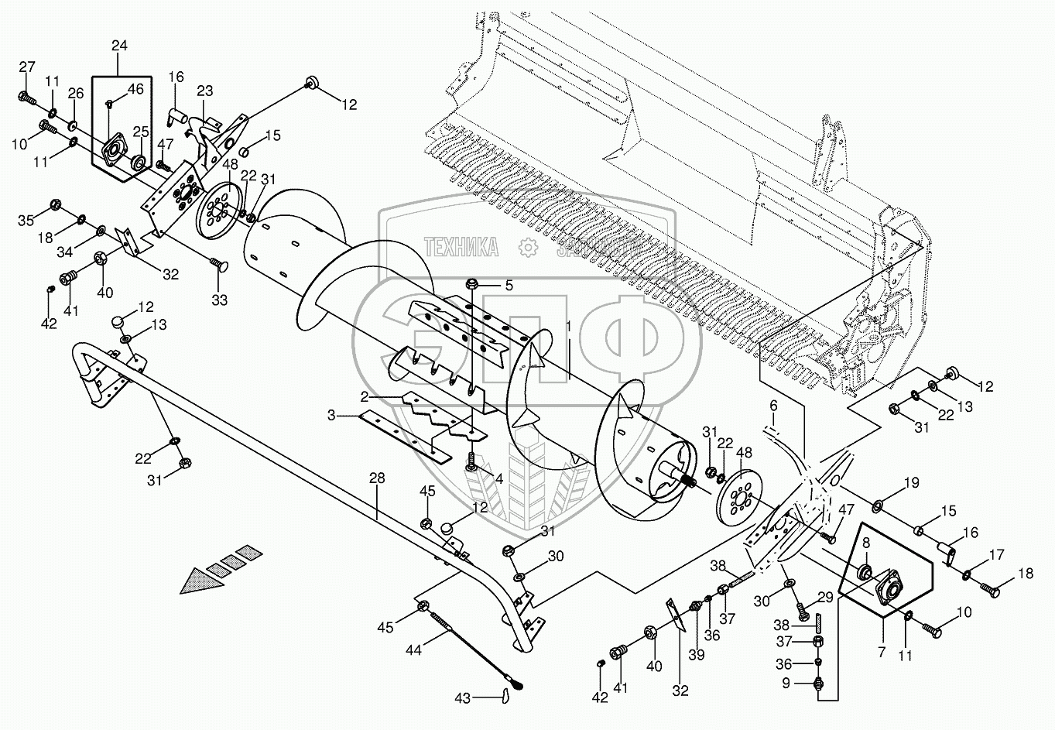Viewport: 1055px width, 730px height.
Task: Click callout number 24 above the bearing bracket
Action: tap(119, 46)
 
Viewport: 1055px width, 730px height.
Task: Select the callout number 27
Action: tap(27, 67)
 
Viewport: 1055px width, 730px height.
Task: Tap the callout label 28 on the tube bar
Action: tap(377, 479)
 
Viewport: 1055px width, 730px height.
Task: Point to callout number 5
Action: tap(509, 285)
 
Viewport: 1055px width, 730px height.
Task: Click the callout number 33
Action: tap(220, 300)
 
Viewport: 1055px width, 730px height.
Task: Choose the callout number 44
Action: tap(413, 651)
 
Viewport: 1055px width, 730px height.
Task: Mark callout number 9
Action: tap(786, 683)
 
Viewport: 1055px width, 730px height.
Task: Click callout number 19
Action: tap(912, 483)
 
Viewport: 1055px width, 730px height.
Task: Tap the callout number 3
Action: tap(331, 416)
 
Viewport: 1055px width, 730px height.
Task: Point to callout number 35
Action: tap(26, 221)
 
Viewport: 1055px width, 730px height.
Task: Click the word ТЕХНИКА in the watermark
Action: tap(461, 246)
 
